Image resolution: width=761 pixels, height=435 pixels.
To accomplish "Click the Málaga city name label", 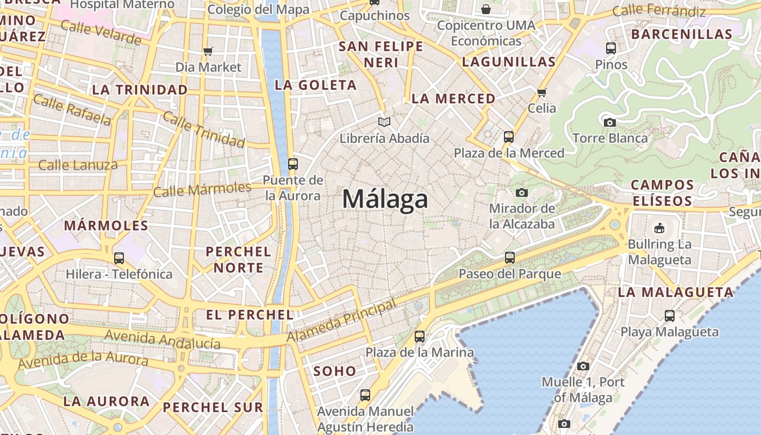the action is tap(385, 200).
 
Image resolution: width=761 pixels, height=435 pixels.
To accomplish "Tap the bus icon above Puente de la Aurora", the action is tap(293, 164).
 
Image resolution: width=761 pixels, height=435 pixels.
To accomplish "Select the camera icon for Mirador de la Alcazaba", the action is tap(522, 192).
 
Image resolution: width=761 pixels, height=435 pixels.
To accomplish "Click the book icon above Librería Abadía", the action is tap(384, 122).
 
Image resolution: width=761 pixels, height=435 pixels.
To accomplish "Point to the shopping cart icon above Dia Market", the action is tap(208, 52).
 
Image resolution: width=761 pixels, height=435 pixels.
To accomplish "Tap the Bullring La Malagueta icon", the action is tap(659, 227).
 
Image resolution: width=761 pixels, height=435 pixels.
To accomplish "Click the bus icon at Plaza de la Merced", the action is tap(509, 137).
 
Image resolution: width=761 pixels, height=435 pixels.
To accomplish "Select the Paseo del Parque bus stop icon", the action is tap(510, 258).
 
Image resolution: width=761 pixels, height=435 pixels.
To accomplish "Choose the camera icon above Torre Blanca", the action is tap(610, 122).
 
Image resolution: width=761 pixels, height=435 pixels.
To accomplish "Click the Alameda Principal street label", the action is tap(341, 321).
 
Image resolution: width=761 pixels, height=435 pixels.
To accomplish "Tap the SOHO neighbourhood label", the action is tap(335, 371).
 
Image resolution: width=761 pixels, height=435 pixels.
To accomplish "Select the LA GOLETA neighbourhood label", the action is tap(316, 85).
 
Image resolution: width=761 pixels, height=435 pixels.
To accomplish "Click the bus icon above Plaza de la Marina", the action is tap(420, 337).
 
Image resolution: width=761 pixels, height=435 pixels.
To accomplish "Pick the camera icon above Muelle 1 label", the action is tap(583, 366).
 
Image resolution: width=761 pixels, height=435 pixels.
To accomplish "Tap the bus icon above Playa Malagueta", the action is tap(670, 316).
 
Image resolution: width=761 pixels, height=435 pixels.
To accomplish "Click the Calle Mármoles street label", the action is tap(202, 190).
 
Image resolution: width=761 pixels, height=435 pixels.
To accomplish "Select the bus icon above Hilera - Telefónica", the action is tap(119, 258).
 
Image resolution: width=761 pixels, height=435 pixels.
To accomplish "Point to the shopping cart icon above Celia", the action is tap(541, 92).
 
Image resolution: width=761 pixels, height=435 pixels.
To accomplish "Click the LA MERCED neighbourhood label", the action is tap(453, 99).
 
